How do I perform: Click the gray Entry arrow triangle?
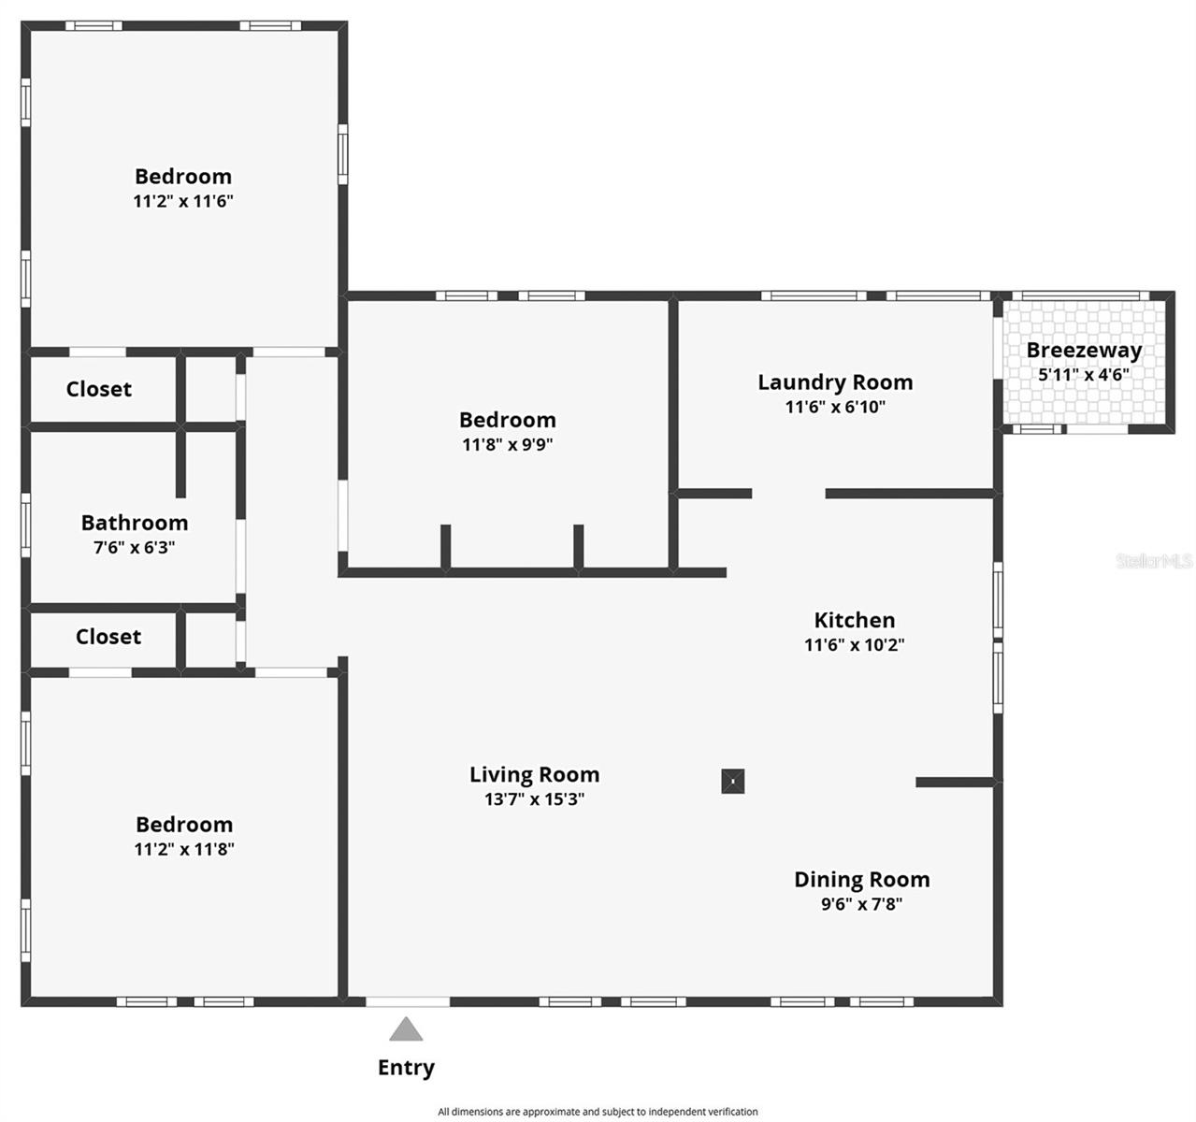point(406,1029)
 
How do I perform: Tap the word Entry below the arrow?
point(406,1068)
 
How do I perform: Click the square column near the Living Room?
point(733,781)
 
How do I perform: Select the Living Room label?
point(535,774)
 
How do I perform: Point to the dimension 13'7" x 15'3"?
point(535,799)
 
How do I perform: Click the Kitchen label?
point(855,620)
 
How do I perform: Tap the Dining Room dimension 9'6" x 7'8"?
point(862,904)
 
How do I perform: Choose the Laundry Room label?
point(835,382)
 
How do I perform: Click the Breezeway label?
point(1084,351)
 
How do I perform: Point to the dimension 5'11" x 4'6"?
point(1084,375)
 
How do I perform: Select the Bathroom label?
point(135,523)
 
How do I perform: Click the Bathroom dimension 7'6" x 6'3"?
point(135,548)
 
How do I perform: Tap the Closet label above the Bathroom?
point(99,389)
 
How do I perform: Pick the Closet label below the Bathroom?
point(108,637)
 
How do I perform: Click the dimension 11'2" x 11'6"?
point(183,201)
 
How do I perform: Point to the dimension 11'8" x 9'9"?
point(508,444)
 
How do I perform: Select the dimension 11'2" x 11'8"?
point(184,849)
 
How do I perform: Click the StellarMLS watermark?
point(1154,561)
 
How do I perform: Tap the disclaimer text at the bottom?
point(598,1112)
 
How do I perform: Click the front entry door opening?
point(408,1002)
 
